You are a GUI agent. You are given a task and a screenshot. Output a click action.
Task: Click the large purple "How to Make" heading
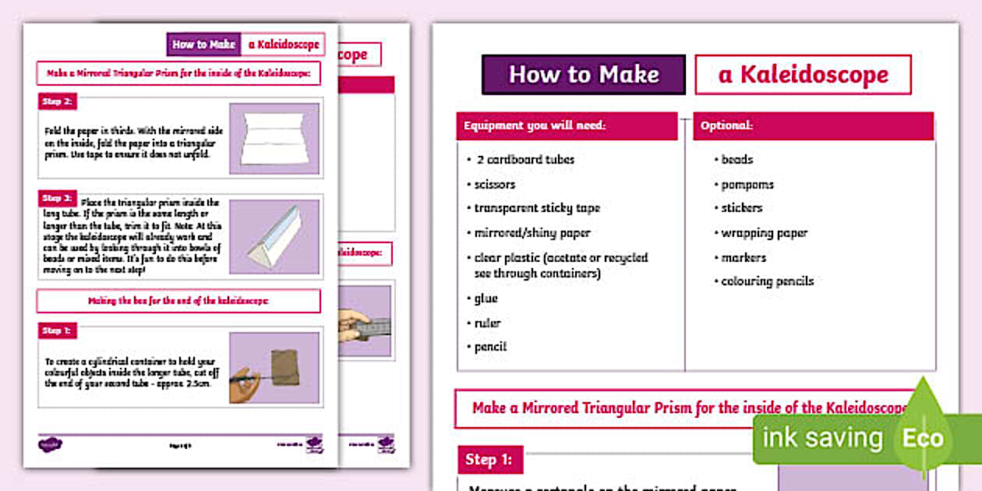[584, 75]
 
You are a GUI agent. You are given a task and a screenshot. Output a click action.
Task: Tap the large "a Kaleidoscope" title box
[803, 75]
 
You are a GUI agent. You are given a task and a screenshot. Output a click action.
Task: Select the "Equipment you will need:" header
[567, 125]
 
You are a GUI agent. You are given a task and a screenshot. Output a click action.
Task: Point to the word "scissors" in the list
[495, 185]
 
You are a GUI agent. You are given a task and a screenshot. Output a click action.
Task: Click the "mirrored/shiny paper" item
[532, 233]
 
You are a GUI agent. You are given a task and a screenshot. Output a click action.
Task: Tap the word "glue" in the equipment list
[486, 298]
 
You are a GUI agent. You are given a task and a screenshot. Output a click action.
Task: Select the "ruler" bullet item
[488, 323]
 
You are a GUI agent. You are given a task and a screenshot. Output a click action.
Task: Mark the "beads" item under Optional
[736, 159]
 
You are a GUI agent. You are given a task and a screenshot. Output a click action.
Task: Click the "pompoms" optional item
[747, 185]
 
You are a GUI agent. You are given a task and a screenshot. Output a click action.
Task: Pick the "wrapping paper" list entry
[764, 233]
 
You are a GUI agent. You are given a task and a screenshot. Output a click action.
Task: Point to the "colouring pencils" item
[767, 281]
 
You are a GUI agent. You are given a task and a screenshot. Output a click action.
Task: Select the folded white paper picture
[274, 140]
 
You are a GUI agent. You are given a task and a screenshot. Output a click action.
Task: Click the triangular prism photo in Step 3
[274, 236]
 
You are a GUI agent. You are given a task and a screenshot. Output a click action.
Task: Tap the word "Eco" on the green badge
[923, 439]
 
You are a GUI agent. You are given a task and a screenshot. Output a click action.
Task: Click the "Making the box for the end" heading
[178, 301]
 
